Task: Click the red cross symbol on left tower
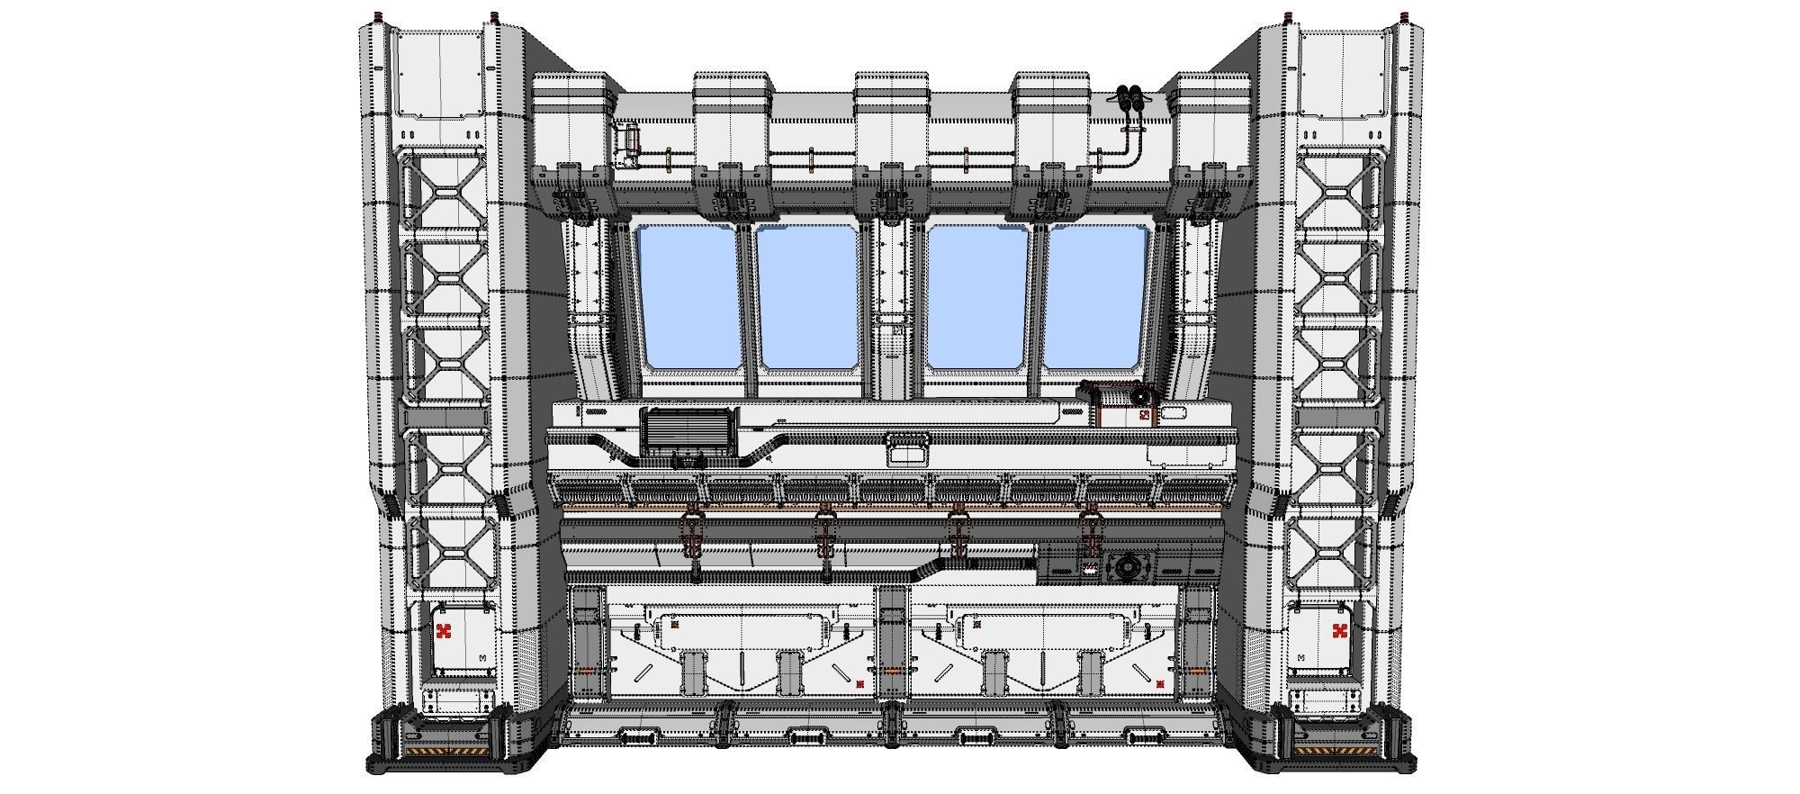(x=443, y=631)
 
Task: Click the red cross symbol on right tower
(x=1339, y=631)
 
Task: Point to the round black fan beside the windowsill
(x=1141, y=395)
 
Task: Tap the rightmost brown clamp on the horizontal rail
(x=1091, y=531)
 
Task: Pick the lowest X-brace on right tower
(x=1335, y=552)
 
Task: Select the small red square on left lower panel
(x=860, y=684)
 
